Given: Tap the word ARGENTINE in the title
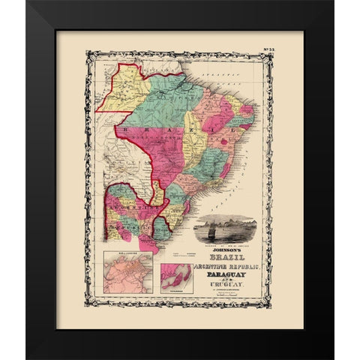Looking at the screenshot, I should (x=206, y=265).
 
